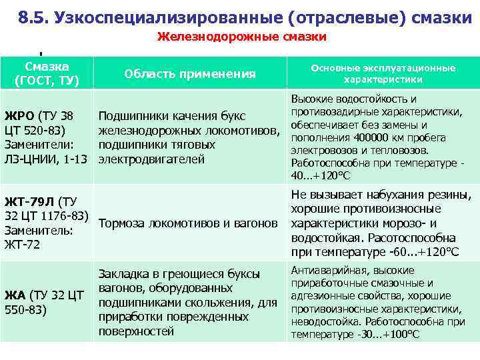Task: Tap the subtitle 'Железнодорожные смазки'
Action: click(x=241, y=37)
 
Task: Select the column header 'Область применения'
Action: click(x=190, y=74)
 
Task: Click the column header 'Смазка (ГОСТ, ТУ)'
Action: click(x=47, y=74)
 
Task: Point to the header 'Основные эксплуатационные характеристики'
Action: click(x=383, y=73)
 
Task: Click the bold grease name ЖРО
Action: click(x=19, y=115)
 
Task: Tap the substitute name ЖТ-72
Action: click(x=23, y=245)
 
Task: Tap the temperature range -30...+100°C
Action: click(x=379, y=333)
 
